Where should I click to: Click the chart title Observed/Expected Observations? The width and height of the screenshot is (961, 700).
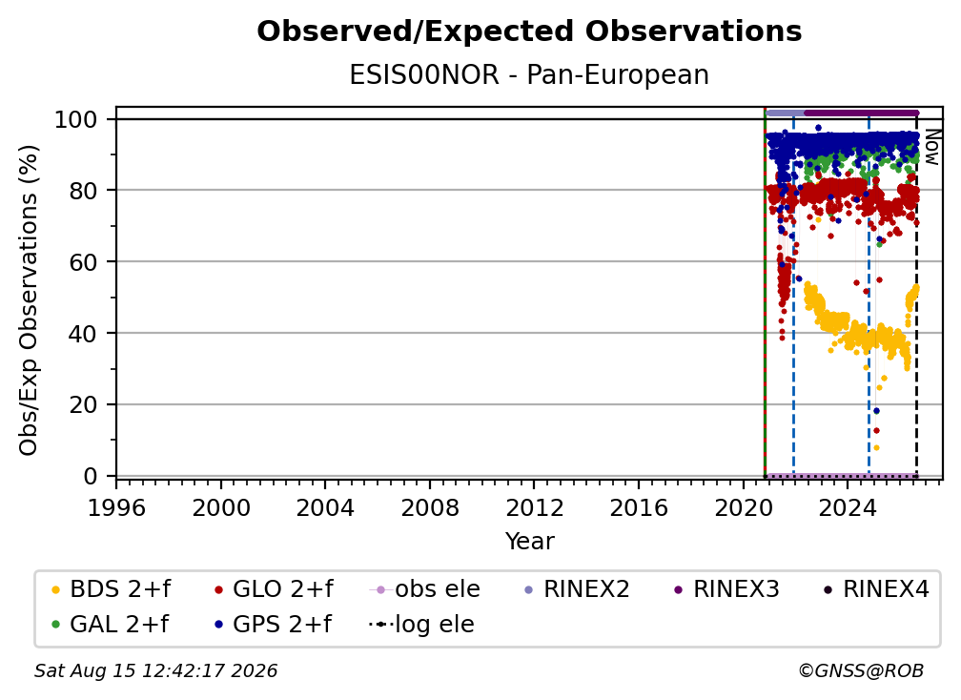529,31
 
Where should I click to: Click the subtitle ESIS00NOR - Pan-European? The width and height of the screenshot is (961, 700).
529,74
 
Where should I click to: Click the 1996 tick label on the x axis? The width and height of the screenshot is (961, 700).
116,508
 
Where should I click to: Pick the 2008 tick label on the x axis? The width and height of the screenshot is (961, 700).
430,508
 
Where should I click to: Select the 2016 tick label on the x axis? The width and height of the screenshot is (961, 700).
639,508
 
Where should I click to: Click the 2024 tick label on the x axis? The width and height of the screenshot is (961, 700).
847,508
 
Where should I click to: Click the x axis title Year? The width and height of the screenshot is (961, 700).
529,542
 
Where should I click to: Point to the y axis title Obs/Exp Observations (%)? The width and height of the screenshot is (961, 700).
29,299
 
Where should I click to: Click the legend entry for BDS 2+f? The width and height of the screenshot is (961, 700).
111,589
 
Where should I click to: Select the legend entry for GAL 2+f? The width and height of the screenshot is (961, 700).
110,625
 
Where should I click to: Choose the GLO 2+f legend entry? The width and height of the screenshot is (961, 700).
274,589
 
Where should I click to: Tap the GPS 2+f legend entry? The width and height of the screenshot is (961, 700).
273,625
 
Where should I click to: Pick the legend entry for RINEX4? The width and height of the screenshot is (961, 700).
876,589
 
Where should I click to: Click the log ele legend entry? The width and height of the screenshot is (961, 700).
421,625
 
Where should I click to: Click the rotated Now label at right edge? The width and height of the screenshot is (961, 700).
931,147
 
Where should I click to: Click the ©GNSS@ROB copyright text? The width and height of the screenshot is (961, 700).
861,671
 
